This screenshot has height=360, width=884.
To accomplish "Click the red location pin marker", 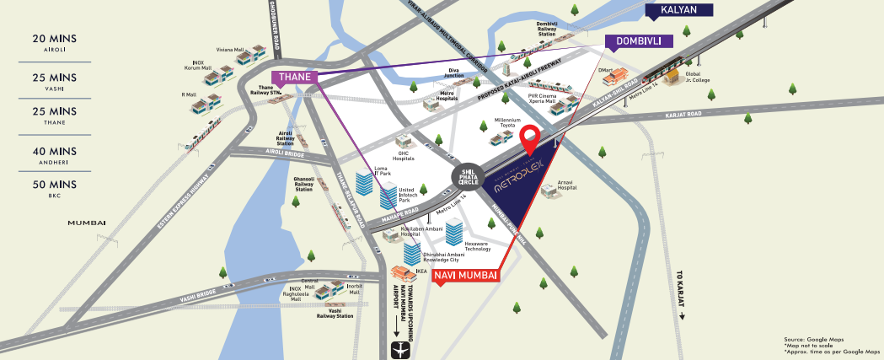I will [530, 138].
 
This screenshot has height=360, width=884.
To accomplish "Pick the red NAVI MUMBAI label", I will [466, 275].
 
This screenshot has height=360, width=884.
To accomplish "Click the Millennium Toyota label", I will [508, 123].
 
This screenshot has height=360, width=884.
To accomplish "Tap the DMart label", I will [604, 70].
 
